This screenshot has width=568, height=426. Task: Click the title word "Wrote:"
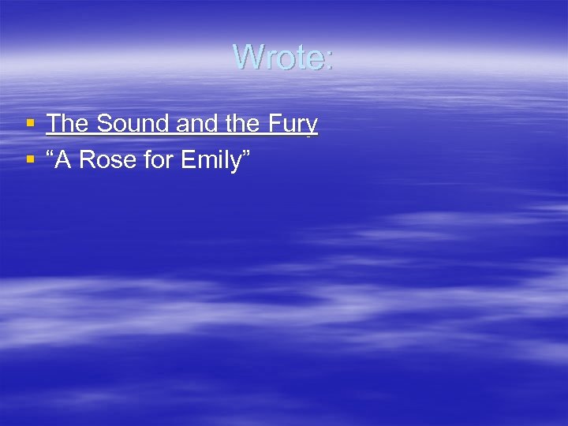283,57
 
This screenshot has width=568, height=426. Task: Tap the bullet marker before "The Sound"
30,124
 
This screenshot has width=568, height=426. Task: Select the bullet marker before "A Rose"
30,160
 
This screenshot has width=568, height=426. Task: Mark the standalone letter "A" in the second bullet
67,160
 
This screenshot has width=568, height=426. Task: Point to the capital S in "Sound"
104,124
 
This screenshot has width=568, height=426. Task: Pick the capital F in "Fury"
274,124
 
